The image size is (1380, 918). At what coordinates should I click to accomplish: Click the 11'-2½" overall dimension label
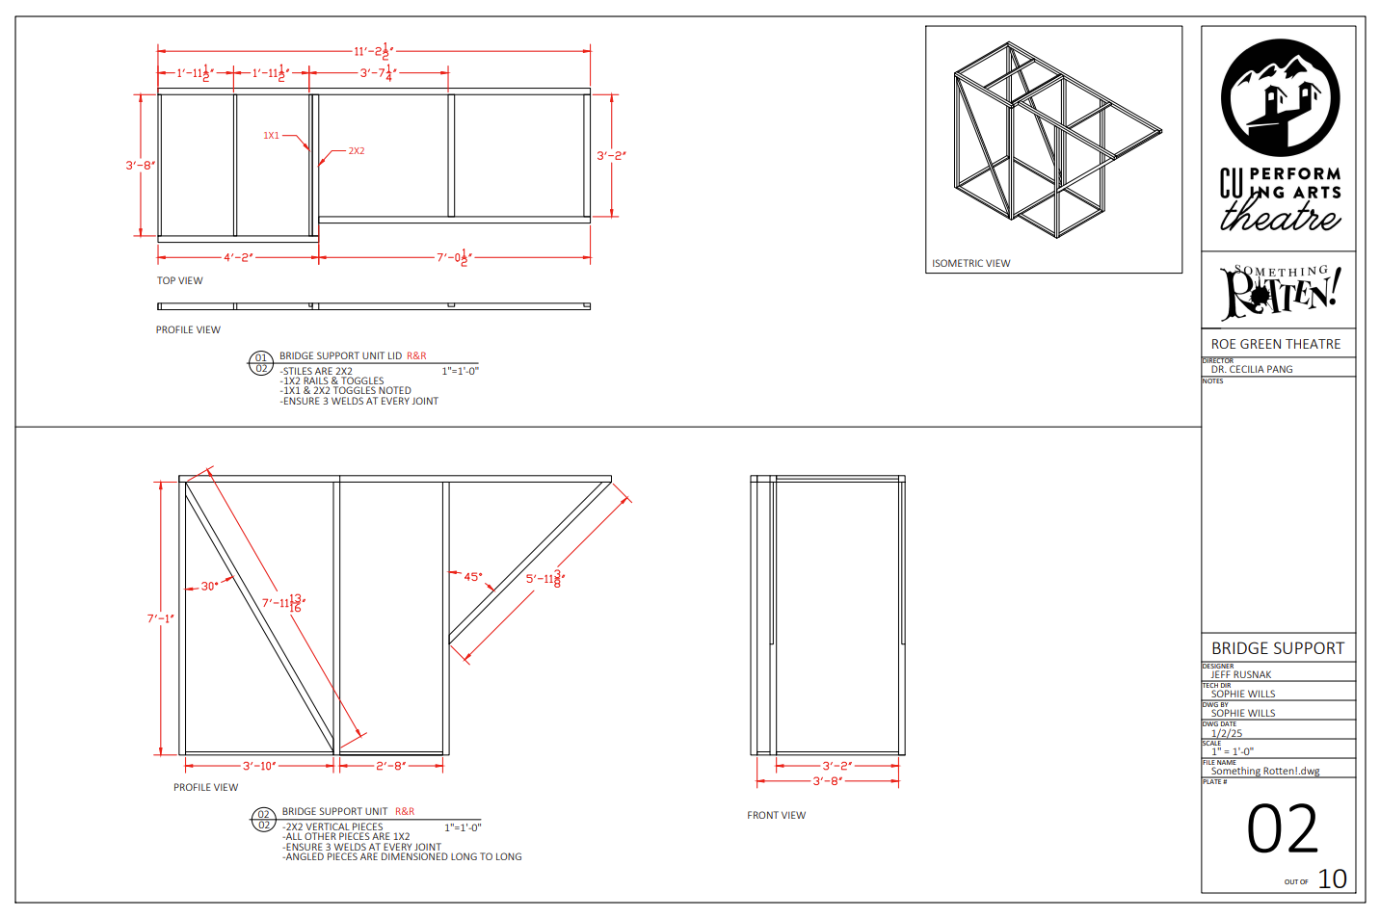pos(374,51)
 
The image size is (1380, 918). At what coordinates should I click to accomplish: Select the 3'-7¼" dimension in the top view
pos(377,73)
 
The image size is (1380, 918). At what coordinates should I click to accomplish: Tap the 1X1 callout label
pos(271,136)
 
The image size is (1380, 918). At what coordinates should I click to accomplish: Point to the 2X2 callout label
pos(357,151)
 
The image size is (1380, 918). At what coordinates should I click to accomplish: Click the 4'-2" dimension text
pos(238,257)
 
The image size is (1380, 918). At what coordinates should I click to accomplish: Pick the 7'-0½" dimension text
pos(454,257)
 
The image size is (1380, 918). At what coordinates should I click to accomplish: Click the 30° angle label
pos(209,586)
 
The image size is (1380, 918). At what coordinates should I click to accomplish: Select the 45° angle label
pos(472,577)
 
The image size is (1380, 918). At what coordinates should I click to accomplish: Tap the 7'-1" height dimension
pos(160,618)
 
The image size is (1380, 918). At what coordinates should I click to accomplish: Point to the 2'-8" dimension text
pos(390,766)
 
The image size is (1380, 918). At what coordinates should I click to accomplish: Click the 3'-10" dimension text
pos(259,766)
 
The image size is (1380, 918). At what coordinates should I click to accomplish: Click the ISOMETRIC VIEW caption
pos(970,263)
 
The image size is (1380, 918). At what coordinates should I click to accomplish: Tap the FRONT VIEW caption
pos(776,815)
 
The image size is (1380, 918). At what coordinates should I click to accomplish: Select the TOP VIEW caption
pos(180,281)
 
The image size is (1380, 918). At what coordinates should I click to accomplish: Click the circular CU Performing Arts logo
pos(1280,97)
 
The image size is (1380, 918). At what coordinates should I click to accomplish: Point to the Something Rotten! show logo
pos(1279,291)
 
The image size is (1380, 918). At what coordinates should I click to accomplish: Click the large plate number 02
pos(1282,829)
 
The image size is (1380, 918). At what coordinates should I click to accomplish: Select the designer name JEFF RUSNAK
pos(1241,674)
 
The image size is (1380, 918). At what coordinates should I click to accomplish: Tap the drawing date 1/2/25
pos(1227,733)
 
